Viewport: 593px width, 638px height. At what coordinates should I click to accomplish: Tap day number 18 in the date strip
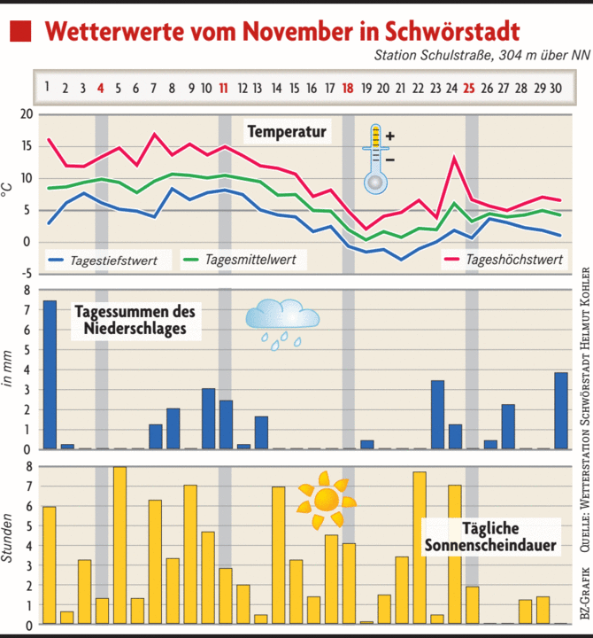tap(348, 88)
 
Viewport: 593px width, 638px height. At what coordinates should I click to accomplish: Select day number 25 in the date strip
tap(469, 88)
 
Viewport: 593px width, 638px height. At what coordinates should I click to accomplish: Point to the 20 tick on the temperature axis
tap(26, 115)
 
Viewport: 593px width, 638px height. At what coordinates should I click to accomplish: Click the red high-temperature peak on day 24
tap(454, 159)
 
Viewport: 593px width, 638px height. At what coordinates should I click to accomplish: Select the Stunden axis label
tap(8, 541)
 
